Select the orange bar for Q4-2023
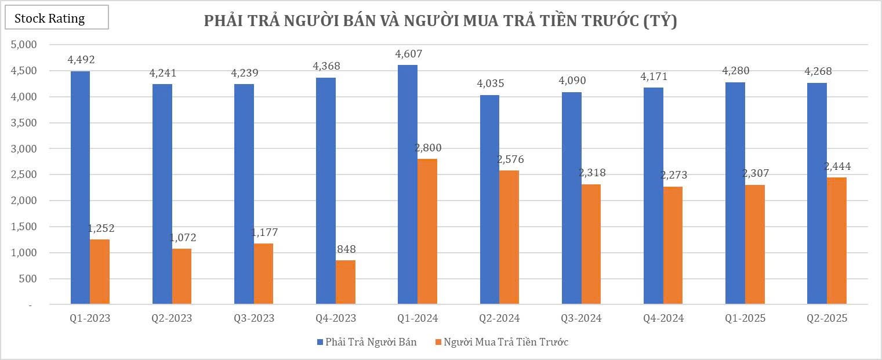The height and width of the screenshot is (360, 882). [x=346, y=282]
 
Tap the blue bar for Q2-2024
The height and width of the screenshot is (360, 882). [x=489, y=199]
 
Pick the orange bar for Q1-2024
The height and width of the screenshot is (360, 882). [x=427, y=231]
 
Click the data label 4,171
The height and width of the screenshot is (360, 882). [x=654, y=75]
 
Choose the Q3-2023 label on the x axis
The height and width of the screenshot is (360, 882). [x=253, y=318]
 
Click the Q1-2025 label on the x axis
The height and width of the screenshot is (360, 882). [x=745, y=318]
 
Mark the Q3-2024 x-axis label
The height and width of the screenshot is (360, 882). [x=582, y=318]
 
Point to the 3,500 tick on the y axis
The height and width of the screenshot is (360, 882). [x=24, y=123]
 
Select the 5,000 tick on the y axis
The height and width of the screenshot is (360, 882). [x=24, y=45]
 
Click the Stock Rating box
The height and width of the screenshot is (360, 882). [x=56, y=19]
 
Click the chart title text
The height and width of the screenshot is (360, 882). [x=440, y=21]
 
